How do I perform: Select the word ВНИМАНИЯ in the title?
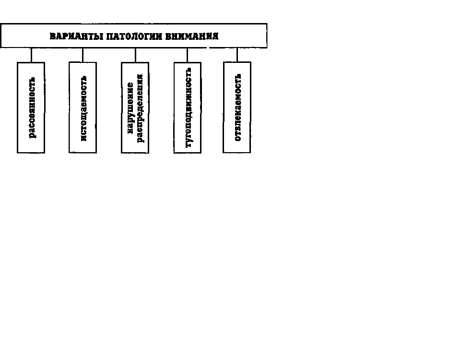click(x=192, y=36)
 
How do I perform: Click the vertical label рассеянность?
click(x=32, y=108)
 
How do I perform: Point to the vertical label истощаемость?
click(x=83, y=108)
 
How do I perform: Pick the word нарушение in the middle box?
click(x=130, y=108)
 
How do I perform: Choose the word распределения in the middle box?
click(x=140, y=108)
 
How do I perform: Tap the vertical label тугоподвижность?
click(x=189, y=108)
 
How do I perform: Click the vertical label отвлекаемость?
click(x=238, y=107)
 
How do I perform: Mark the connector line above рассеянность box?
click(x=31, y=55)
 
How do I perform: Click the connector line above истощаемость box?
click(x=83, y=55)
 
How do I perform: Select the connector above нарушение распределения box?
click(x=135, y=55)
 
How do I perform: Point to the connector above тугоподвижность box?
click(x=187, y=55)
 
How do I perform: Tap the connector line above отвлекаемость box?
click(x=237, y=55)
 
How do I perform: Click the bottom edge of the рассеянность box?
click(x=31, y=153)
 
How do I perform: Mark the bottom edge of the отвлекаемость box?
click(x=237, y=152)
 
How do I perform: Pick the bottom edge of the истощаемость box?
click(x=83, y=153)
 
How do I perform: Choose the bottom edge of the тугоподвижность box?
click(x=187, y=153)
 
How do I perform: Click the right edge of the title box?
click(x=267, y=36)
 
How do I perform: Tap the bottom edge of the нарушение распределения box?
click(x=135, y=153)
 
